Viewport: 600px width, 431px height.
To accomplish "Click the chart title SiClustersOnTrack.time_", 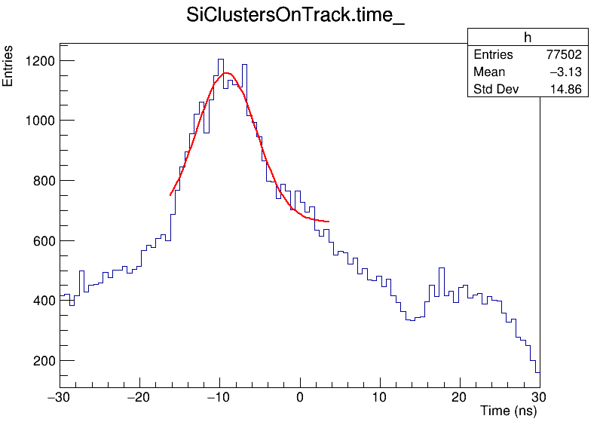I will pyautogui.click(x=295, y=17).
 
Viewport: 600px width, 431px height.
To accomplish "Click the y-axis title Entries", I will pyautogui.click(x=8, y=66).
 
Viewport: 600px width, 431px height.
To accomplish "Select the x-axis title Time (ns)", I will pyautogui.click(x=509, y=411).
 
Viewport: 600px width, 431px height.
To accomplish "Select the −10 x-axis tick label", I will pyautogui.click(x=220, y=397).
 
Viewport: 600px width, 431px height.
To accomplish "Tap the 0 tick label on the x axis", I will pyautogui.click(x=300, y=397).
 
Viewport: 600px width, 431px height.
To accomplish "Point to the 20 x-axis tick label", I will pyautogui.click(x=460, y=397).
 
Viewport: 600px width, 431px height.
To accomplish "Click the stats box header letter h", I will pyautogui.click(x=528, y=38).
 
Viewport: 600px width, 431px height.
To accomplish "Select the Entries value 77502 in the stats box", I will pyautogui.click(x=564, y=55).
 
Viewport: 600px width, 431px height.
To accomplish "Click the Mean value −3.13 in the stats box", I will pyautogui.click(x=565, y=72).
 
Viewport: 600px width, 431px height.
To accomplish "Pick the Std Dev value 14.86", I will pyautogui.click(x=568, y=90).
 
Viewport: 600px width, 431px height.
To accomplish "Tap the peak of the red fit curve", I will pyautogui.click(x=226, y=73).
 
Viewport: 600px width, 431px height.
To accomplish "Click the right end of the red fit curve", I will pyautogui.click(x=329, y=222).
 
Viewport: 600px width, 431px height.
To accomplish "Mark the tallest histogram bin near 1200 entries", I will pyautogui.click(x=221, y=60).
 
